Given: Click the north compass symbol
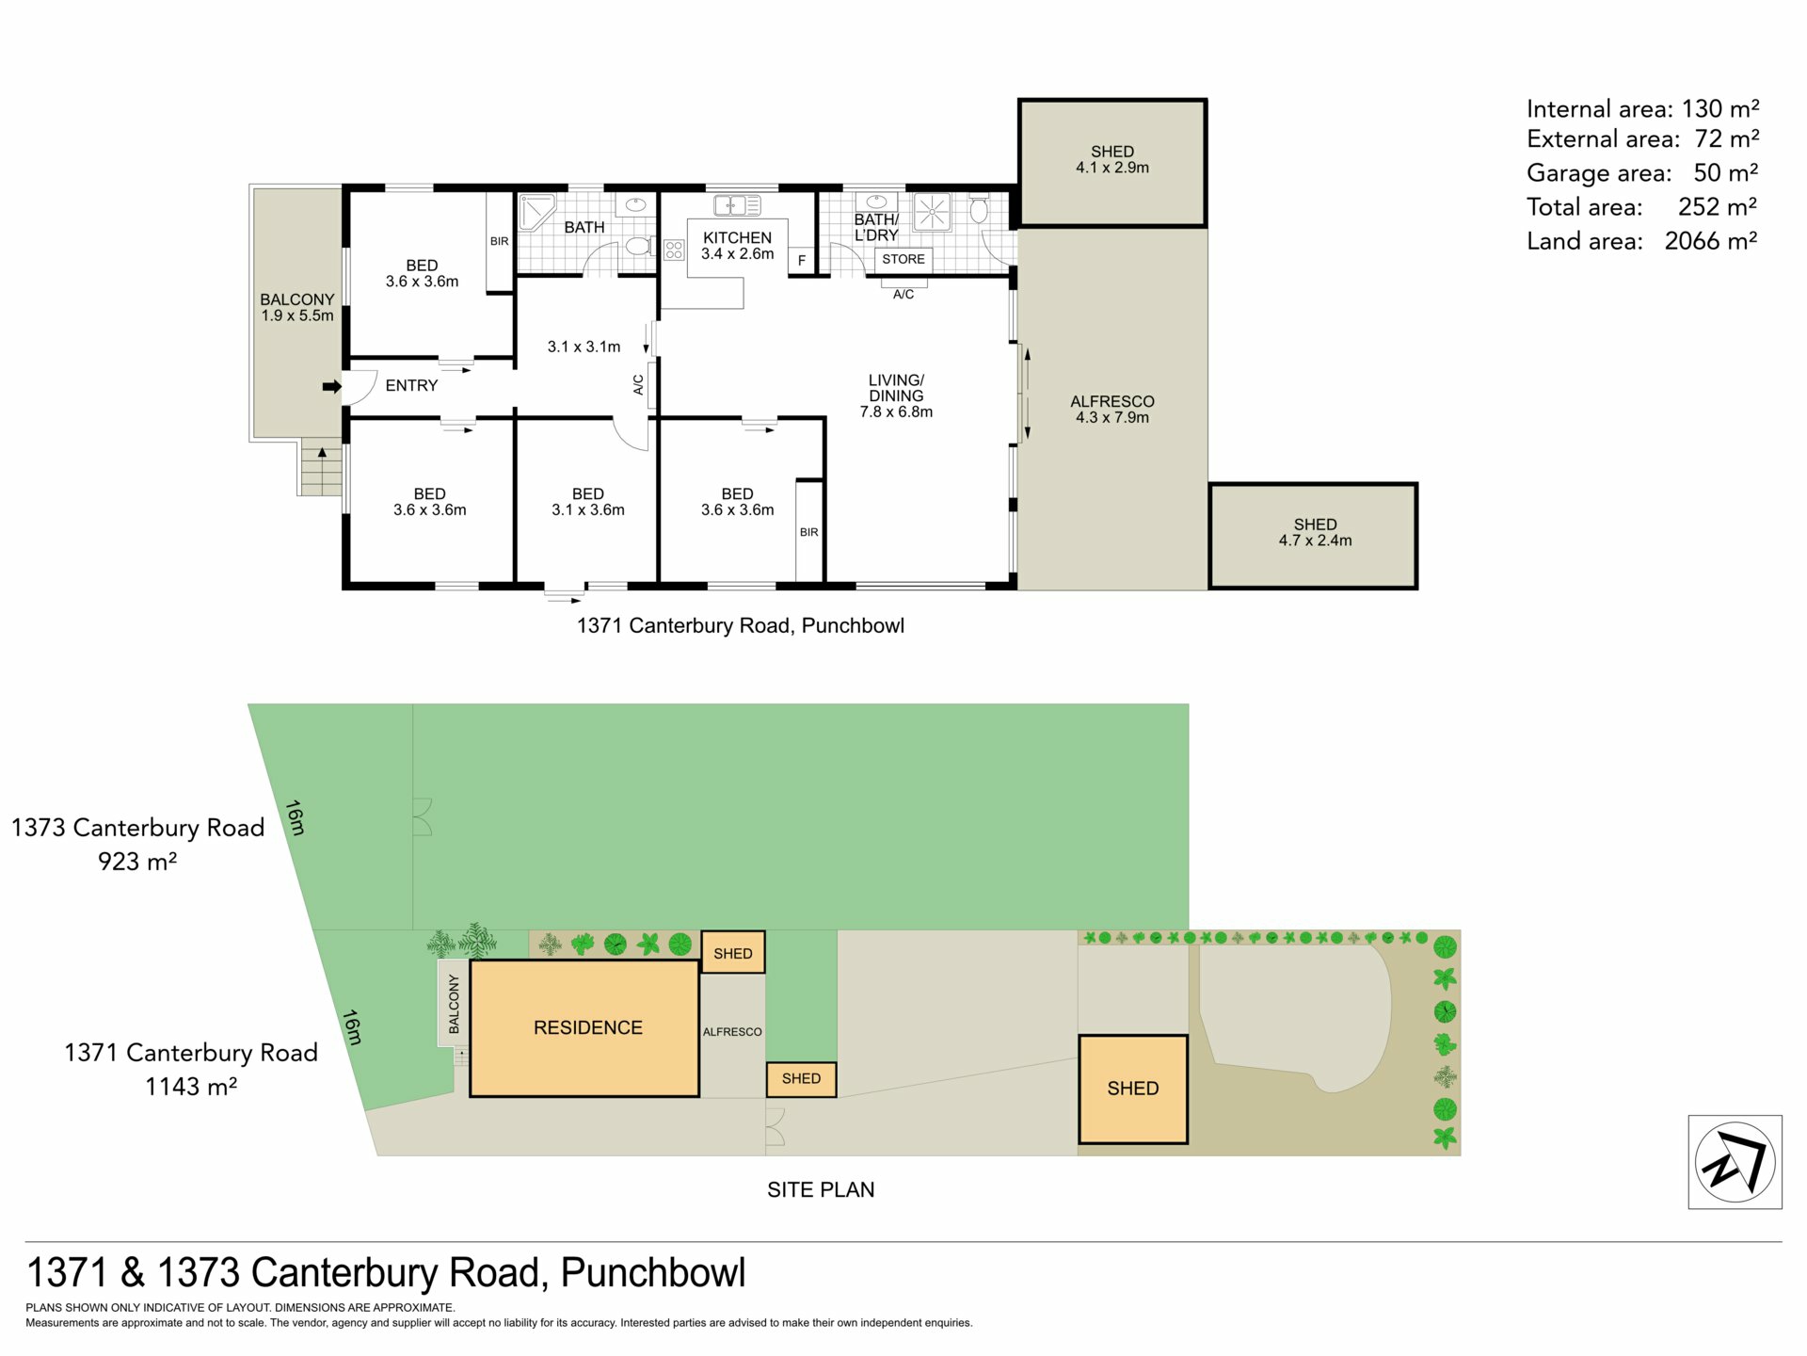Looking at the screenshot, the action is [1735, 1162].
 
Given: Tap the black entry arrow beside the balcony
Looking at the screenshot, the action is [332, 386].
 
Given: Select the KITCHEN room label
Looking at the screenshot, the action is [738, 246].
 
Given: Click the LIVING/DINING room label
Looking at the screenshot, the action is [896, 395].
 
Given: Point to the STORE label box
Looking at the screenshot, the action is [903, 259].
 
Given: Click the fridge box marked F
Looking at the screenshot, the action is [802, 261].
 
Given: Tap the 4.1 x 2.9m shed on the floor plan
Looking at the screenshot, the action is [1112, 163].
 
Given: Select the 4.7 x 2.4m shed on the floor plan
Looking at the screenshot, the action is [1314, 536].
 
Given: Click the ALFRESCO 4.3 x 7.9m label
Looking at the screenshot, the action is [1112, 410].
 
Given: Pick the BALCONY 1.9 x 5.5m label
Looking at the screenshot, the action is [297, 308].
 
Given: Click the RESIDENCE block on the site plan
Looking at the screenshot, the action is [584, 1028].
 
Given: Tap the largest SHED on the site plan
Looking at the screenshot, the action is [1133, 1090].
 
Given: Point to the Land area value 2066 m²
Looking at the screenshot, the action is [1711, 241].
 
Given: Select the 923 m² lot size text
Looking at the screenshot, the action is [137, 862].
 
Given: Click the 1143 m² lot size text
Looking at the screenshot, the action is [191, 1087].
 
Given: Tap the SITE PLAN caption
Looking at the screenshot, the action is [821, 1190].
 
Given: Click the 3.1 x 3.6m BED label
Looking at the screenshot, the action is [588, 502].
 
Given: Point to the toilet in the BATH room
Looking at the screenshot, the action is [639, 247].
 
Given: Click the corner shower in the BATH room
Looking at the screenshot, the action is [536, 211].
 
